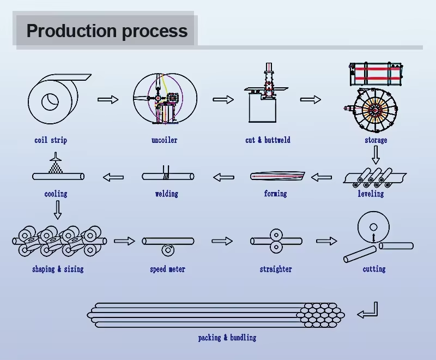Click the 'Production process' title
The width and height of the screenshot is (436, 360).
[x=107, y=31]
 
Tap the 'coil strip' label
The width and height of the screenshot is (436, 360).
[x=51, y=140]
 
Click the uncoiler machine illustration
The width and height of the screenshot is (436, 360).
[x=164, y=99]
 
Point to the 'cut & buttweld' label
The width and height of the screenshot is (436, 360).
[x=268, y=140]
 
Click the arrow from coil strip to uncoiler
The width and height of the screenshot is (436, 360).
[x=108, y=99]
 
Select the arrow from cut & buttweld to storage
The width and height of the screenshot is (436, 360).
[x=310, y=99]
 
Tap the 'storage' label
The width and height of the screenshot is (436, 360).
[x=376, y=140]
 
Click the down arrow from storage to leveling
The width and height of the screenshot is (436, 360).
[x=376, y=155]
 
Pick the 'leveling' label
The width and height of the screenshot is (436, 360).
[x=371, y=194]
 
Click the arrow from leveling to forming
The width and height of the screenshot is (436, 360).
[x=321, y=177]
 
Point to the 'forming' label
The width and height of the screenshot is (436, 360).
[x=275, y=194]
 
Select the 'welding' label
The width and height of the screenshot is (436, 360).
[x=166, y=194]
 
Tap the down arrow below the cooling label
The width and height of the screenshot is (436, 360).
[x=57, y=209]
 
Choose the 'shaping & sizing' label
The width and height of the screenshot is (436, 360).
[x=58, y=269]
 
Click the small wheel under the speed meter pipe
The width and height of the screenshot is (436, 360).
[x=167, y=250]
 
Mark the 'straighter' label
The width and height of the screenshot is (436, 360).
[x=276, y=269]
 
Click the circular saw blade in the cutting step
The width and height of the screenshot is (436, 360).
[x=373, y=227]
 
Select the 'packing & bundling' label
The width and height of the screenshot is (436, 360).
[x=227, y=338]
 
